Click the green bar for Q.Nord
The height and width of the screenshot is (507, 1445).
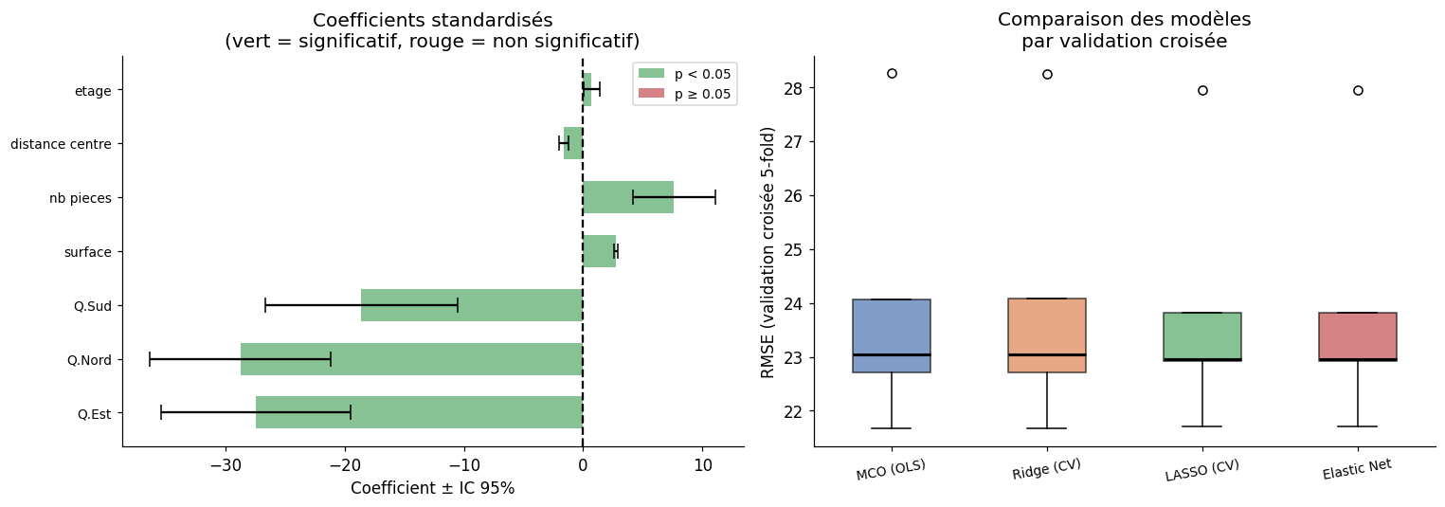pyautogui.click(x=411, y=359)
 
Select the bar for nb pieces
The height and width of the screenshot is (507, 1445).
pyautogui.click(x=627, y=197)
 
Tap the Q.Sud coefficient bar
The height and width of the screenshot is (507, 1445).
pyautogui.click(x=471, y=305)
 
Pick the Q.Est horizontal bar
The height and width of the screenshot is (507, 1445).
pyautogui.click(x=419, y=412)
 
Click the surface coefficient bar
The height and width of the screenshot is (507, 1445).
pyautogui.click(x=599, y=251)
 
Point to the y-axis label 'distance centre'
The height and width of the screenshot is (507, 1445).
pyautogui.click(x=61, y=144)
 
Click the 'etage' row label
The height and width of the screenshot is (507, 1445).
pyautogui.click(x=93, y=91)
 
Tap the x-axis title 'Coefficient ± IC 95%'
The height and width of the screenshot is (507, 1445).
pyautogui.click(x=432, y=489)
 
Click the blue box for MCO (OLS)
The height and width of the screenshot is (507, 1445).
pyautogui.click(x=892, y=335)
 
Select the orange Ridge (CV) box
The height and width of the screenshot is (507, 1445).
pyautogui.click(x=1047, y=335)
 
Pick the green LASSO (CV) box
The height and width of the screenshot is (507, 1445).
pyautogui.click(x=1202, y=336)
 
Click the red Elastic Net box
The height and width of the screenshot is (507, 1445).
pyautogui.click(x=1358, y=336)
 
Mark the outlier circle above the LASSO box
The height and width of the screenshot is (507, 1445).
pyautogui.click(x=1202, y=90)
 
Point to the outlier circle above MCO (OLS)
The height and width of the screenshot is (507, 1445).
pyautogui.click(x=892, y=73)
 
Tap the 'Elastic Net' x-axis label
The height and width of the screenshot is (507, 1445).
pyautogui.click(x=1357, y=469)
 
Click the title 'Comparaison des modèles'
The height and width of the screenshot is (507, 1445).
pyautogui.click(x=1124, y=20)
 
